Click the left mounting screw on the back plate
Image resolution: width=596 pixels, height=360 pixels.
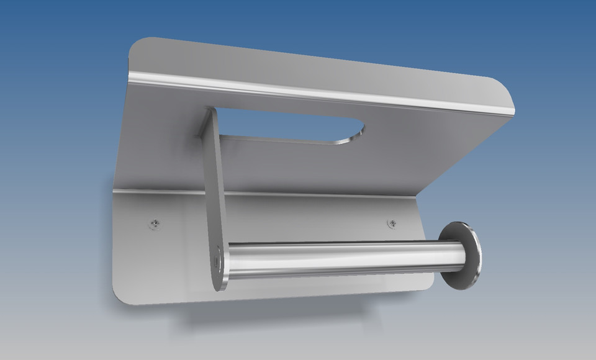pyautogui.click(x=155, y=222)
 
